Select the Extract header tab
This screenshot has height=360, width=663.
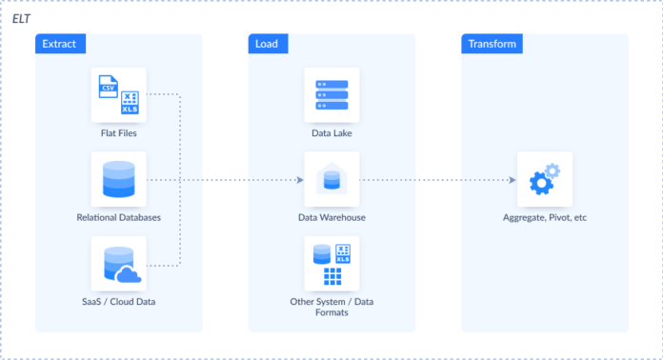pos(59,44)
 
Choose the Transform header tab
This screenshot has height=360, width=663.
pos(492,44)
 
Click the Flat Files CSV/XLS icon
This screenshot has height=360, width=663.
pos(119,94)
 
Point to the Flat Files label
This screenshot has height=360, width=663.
pos(119,133)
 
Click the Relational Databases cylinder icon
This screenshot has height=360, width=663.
pos(119,179)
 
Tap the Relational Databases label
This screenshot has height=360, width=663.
pos(119,218)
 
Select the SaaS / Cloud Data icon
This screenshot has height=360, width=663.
pos(119,264)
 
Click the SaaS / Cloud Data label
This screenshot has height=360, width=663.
pos(119,302)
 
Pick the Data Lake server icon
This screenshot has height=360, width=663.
pos(331,94)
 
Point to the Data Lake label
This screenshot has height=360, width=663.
pos(331,133)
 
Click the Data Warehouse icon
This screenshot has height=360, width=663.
pos(331,179)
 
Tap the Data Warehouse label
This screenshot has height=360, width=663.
pos(331,218)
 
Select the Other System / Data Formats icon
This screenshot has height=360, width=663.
pos(331,264)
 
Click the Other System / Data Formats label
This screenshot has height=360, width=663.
pos(331,308)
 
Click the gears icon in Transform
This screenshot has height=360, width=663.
pos(545,179)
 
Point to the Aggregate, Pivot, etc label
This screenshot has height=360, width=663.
pos(545,218)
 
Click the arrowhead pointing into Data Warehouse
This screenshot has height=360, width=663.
pos(299,179)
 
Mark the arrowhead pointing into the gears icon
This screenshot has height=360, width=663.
pos(512,179)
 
